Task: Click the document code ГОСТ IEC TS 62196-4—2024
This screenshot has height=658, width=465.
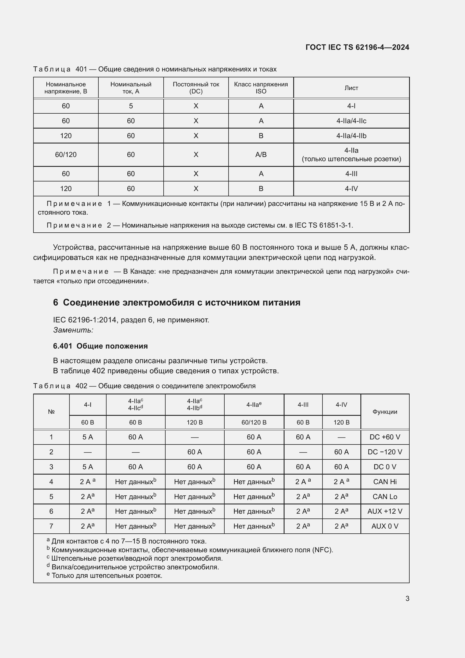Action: [x=357, y=47]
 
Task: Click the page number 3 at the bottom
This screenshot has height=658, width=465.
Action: [x=407, y=598]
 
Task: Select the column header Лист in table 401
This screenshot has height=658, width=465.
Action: [x=351, y=88]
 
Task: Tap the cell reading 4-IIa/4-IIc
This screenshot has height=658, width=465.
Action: [x=351, y=121]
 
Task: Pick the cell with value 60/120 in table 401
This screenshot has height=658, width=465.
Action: [x=66, y=155]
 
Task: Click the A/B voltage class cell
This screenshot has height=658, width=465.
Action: [x=261, y=155]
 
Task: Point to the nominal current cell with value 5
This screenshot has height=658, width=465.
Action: [x=130, y=106]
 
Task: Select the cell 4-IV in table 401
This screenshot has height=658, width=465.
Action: [x=351, y=188]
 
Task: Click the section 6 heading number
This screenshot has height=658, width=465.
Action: [x=56, y=303]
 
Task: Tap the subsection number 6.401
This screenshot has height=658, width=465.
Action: [x=62, y=346]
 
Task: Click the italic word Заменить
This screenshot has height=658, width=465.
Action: [x=73, y=330]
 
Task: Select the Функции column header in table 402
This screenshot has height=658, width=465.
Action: [x=385, y=412]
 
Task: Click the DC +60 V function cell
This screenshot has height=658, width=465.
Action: [x=385, y=437]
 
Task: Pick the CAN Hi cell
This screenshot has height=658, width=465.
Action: [x=385, y=482]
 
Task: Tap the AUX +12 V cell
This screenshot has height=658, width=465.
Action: [x=385, y=511]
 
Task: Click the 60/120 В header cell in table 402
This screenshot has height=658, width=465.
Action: [x=254, y=423]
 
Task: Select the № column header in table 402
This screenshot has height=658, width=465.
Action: [x=51, y=412]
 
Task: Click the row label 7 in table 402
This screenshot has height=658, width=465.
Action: [x=51, y=526]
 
